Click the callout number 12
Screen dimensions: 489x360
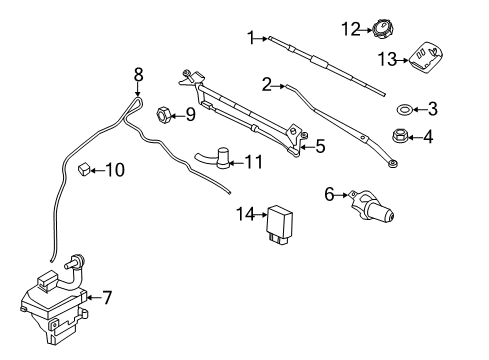(351, 29)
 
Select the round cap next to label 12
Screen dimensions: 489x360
(383, 30)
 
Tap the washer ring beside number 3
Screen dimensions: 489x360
(404, 109)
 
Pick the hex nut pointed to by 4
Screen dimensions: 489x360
(398, 136)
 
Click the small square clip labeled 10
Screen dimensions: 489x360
(84, 169)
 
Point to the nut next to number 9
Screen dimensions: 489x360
(164, 114)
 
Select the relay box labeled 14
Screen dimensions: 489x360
(279, 224)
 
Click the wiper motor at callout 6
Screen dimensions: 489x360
(372, 207)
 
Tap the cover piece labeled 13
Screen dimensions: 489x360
(425, 57)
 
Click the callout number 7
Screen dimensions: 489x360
(107, 297)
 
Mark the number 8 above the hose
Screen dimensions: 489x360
(138, 75)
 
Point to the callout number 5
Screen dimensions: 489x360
(320, 146)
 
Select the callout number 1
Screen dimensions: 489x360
(251, 38)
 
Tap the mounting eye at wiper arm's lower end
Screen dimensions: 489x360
(393, 163)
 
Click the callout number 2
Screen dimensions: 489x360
(267, 85)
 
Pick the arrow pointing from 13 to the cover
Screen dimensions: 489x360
(402, 60)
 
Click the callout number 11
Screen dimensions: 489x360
(254, 162)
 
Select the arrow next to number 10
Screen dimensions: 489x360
(98, 170)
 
